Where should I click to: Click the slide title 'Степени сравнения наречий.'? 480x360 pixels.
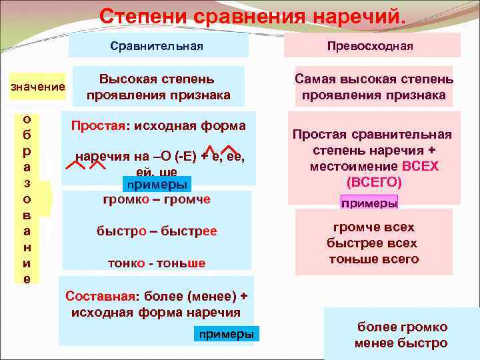[x=252, y=16]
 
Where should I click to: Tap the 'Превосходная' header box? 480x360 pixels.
[x=370, y=46]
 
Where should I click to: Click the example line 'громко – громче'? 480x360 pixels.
[x=157, y=199]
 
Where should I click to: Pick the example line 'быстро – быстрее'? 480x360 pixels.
[x=157, y=231]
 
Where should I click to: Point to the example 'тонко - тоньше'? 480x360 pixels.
[x=157, y=263]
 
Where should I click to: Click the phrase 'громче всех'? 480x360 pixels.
[x=373, y=227]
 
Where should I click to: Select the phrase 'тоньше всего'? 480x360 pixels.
[x=373, y=259]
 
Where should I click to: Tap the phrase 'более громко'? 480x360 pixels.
[x=401, y=327]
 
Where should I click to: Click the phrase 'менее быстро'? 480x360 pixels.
[x=401, y=343]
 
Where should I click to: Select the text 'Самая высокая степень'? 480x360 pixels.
[x=374, y=79]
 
